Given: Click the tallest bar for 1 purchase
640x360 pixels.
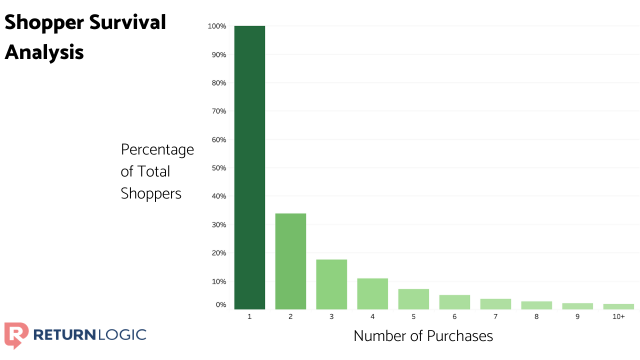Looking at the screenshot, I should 249,167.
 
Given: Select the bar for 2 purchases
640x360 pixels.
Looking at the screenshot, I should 290,261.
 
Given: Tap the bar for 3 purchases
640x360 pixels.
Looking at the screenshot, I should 331,284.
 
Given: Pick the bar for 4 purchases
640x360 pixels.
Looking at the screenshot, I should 372,294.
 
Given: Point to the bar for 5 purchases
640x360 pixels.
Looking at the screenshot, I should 413,299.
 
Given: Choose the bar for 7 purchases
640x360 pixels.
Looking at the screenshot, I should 495,304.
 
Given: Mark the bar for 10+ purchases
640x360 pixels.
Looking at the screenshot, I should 618,306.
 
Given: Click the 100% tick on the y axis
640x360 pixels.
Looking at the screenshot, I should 217,26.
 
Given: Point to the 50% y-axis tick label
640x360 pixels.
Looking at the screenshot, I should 218,168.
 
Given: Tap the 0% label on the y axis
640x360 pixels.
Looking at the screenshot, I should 220,304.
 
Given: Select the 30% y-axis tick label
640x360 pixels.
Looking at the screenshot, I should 218,224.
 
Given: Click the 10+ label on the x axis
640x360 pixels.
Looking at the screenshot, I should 618,317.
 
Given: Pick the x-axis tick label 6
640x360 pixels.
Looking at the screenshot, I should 454,317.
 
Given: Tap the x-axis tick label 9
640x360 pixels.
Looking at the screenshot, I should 577,317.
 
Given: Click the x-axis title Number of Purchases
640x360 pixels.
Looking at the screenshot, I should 423,336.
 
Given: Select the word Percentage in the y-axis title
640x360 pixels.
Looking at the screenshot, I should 157,149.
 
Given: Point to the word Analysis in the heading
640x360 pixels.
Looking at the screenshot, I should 44,51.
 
